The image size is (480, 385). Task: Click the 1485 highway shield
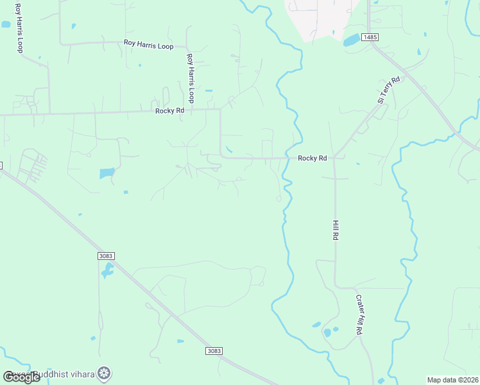point(369,37)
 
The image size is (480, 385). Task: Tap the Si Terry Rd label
point(388,89)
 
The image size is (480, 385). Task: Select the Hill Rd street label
point(335,229)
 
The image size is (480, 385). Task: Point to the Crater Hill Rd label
point(359,314)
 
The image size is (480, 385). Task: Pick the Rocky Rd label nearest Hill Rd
point(313,158)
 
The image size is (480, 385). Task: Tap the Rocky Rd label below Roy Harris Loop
point(169,110)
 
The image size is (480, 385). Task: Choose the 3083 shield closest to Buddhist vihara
point(214,351)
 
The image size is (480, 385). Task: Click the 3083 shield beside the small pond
point(107,256)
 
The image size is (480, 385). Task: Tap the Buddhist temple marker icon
point(104,373)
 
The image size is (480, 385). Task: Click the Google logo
point(22,377)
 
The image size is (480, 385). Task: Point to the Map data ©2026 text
point(452,380)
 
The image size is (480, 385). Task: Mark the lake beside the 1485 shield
point(352,40)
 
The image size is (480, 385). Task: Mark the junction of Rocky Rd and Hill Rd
point(334,158)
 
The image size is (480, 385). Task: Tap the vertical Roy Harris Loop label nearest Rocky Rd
point(190,78)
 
